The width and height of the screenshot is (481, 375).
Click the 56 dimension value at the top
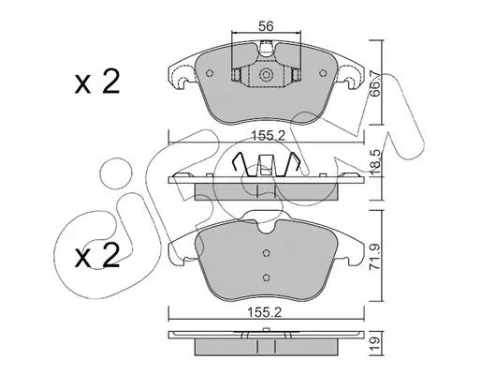point(266,26)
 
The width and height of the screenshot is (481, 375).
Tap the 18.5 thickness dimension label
point(375,162)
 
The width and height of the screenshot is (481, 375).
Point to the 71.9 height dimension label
point(375,257)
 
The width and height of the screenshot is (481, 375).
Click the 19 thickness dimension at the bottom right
point(375,344)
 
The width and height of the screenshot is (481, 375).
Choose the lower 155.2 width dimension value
point(265,312)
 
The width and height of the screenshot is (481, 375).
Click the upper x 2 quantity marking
point(97,82)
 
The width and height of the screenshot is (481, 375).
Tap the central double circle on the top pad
point(266,75)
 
